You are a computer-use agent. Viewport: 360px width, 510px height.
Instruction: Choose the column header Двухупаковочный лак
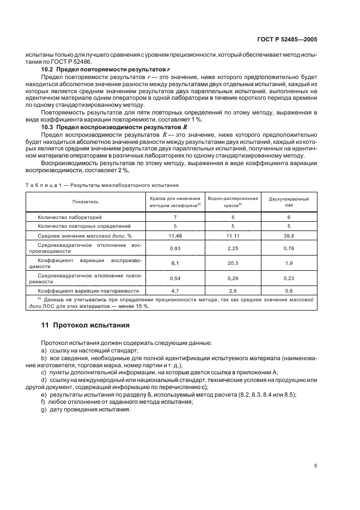click(289, 202)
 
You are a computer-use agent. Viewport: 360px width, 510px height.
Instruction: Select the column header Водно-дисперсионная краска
click(233, 202)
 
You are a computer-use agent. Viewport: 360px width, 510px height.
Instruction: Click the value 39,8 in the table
click(289, 235)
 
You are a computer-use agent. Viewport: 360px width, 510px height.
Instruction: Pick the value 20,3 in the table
click(233, 263)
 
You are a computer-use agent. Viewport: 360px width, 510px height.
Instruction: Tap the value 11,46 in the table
click(175, 235)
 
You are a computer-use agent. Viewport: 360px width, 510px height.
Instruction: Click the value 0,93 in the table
click(175, 249)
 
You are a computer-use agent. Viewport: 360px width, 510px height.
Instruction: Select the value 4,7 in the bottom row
click(175, 291)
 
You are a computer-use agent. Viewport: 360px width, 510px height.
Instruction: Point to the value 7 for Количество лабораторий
click(175, 217)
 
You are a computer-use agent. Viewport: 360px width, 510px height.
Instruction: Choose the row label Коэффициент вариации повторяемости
click(88, 291)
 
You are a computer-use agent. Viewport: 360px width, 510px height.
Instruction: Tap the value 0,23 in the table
click(289, 278)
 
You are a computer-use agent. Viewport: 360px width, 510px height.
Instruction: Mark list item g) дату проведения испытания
click(89, 410)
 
